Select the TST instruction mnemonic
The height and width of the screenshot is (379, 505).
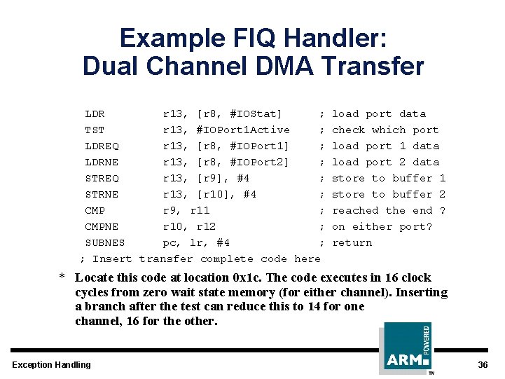click(x=95, y=130)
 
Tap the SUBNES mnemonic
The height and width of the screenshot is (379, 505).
click(x=105, y=243)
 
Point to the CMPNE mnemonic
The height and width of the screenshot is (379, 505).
click(x=102, y=227)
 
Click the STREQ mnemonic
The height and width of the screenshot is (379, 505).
click(x=102, y=179)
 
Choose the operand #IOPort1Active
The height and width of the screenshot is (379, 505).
click(x=243, y=130)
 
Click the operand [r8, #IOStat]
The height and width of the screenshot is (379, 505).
click(x=240, y=114)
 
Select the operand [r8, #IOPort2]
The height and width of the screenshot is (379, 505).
click(x=243, y=163)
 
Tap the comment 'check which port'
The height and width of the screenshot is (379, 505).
click(x=385, y=130)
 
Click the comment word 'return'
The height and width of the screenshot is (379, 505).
click(x=352, y=243)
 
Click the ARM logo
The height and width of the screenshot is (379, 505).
click(x=407, y=348)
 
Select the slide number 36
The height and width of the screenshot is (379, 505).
click(x=483, y=365)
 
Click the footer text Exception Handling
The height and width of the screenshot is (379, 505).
click(x=51, y=365)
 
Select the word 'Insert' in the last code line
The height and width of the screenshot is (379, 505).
click(x=112, y=259)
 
